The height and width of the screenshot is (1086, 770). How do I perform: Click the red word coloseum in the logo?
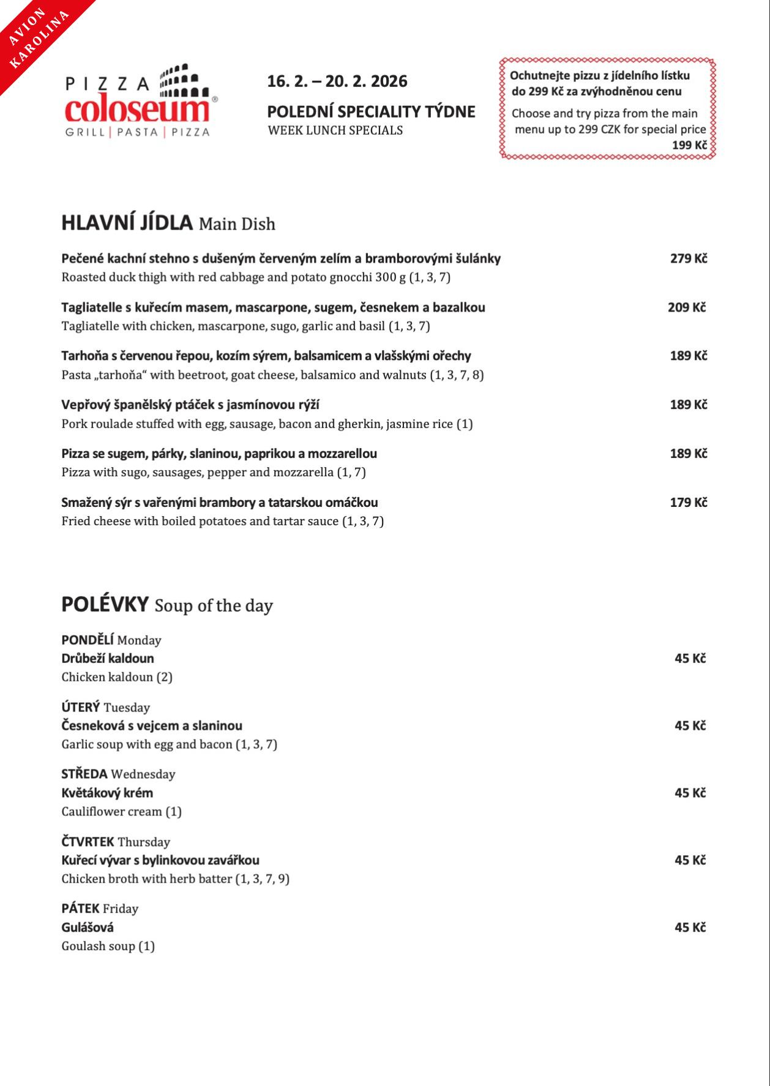pos(137,110)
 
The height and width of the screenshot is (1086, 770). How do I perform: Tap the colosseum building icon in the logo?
pos(179,80)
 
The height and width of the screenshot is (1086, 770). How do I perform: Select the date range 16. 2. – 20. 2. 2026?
pos(337,81)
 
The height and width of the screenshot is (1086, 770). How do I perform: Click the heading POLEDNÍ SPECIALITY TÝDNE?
pos(371,111)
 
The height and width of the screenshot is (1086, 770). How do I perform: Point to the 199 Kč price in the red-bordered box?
pos(689,145)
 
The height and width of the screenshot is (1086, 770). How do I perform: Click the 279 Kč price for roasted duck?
pos(688,258)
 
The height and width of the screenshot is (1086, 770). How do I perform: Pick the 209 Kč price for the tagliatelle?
pos(686,307)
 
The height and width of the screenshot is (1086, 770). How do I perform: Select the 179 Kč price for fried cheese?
pos(688,503)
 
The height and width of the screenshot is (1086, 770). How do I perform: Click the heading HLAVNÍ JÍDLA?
pos(127,222)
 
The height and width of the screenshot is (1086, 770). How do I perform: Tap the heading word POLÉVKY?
pos(105,604)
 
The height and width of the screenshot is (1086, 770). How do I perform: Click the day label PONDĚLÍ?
pos(88,640)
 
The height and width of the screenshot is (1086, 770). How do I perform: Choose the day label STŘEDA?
pos(84,774)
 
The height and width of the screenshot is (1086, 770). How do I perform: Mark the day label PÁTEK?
pos(80,908)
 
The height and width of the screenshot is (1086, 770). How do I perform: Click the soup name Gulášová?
pos(88,927)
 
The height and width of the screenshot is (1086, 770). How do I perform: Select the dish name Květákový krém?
pos(107,793)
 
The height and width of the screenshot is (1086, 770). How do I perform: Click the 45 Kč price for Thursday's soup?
pos(690,860)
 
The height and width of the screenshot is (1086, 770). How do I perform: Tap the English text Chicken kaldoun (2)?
pos(117,677)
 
